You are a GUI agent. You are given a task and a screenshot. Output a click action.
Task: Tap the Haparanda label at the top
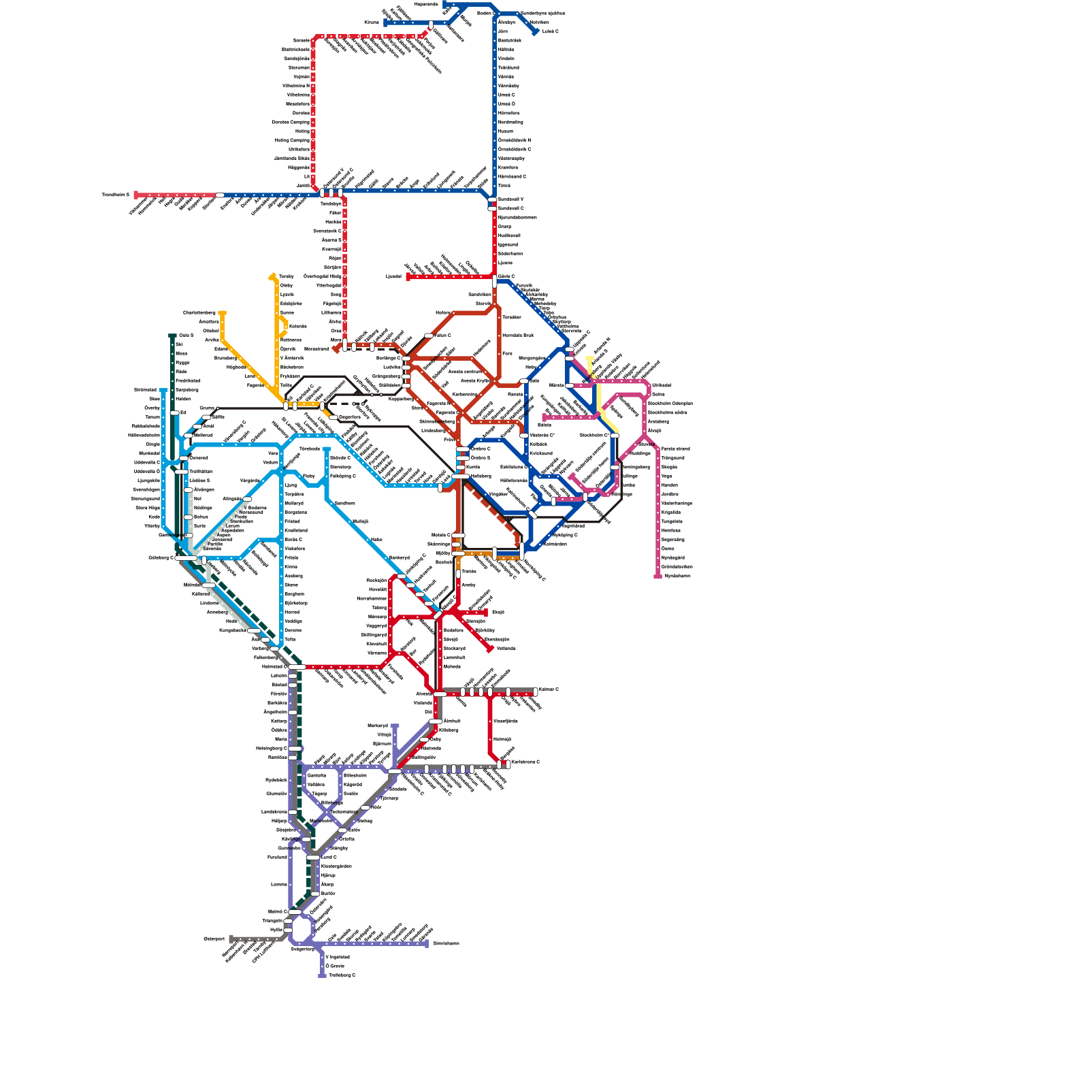(426, 4)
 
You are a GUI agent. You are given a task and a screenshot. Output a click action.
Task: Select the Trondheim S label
(115, 195)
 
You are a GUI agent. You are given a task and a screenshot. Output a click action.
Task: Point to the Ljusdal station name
(393, 277)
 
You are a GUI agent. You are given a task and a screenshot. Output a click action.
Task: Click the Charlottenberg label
(199, 313)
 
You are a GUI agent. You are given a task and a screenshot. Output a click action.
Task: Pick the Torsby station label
(286, 277)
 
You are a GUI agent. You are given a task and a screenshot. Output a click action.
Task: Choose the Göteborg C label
(161, 558)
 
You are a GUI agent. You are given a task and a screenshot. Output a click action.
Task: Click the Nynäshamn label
(677, 576)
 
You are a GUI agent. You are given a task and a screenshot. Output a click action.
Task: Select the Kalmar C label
(549, 689)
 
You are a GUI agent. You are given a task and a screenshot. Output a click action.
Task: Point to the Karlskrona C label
(525, 762)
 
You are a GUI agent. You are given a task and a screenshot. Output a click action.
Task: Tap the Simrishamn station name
(446, 944)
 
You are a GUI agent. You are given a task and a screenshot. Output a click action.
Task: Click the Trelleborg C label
(342, 975)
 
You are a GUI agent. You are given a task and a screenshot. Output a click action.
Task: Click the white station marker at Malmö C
(294, 912)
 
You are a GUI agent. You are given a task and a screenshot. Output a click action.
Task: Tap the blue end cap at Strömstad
(163, 391)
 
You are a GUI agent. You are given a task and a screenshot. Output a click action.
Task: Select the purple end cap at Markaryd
(395, 726)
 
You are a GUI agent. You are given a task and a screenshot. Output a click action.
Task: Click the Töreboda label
(309, 449)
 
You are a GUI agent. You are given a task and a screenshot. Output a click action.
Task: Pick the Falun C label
(442, 336)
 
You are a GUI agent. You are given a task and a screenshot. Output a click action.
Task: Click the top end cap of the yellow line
(590, 358)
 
